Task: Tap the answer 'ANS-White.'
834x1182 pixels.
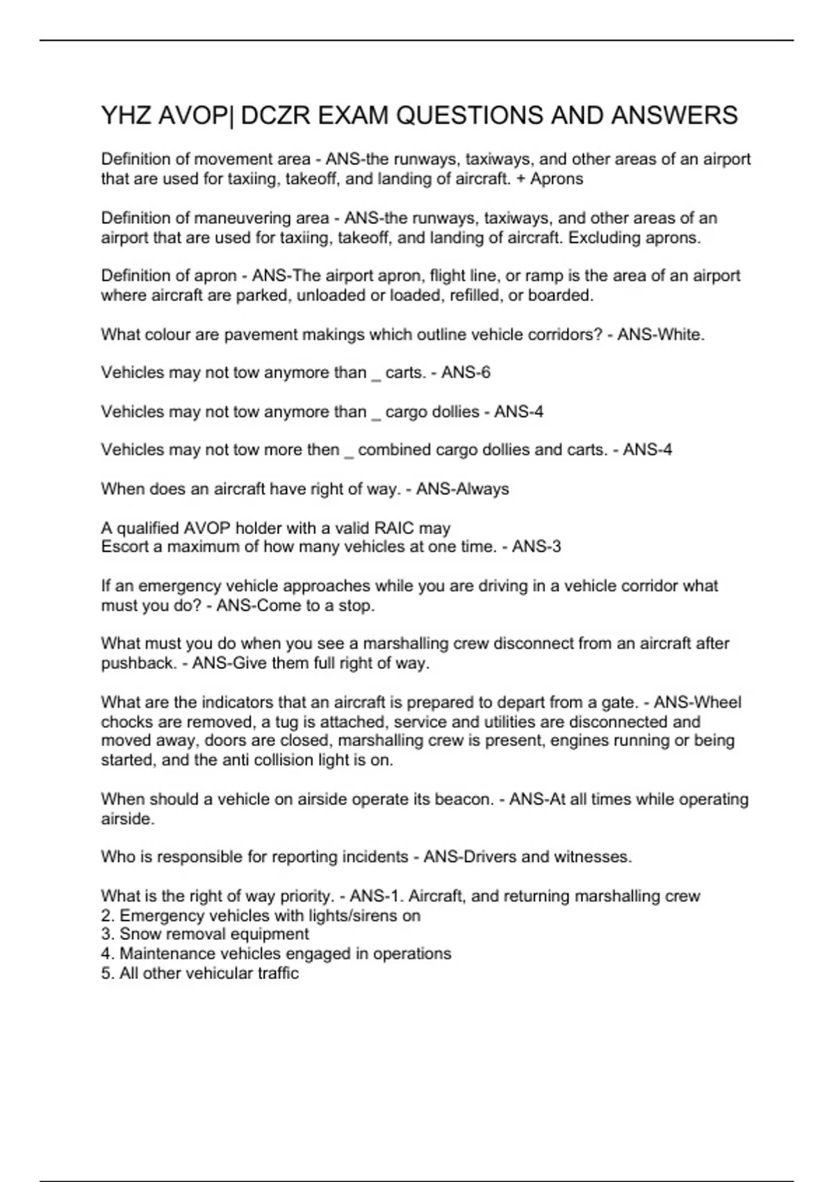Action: tap(661, 334)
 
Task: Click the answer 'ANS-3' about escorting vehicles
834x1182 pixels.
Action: tap(536, 547)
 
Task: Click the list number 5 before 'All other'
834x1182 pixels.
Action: tap(107, 973)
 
